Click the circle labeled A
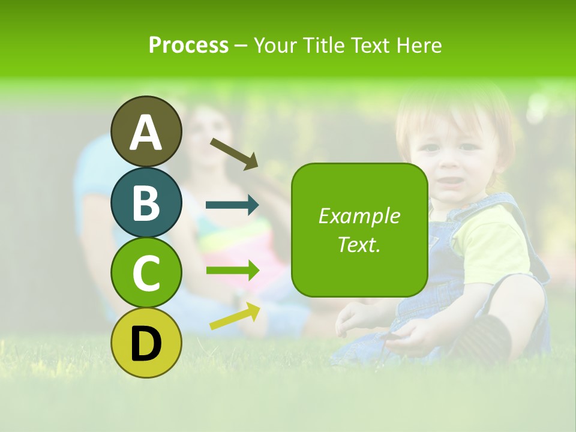146,131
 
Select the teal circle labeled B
146,202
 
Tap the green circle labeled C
146,272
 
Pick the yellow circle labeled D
146,343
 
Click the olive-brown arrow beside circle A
234,153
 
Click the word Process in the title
188,45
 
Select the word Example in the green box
359,216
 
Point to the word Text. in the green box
359,244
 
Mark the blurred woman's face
210,138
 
